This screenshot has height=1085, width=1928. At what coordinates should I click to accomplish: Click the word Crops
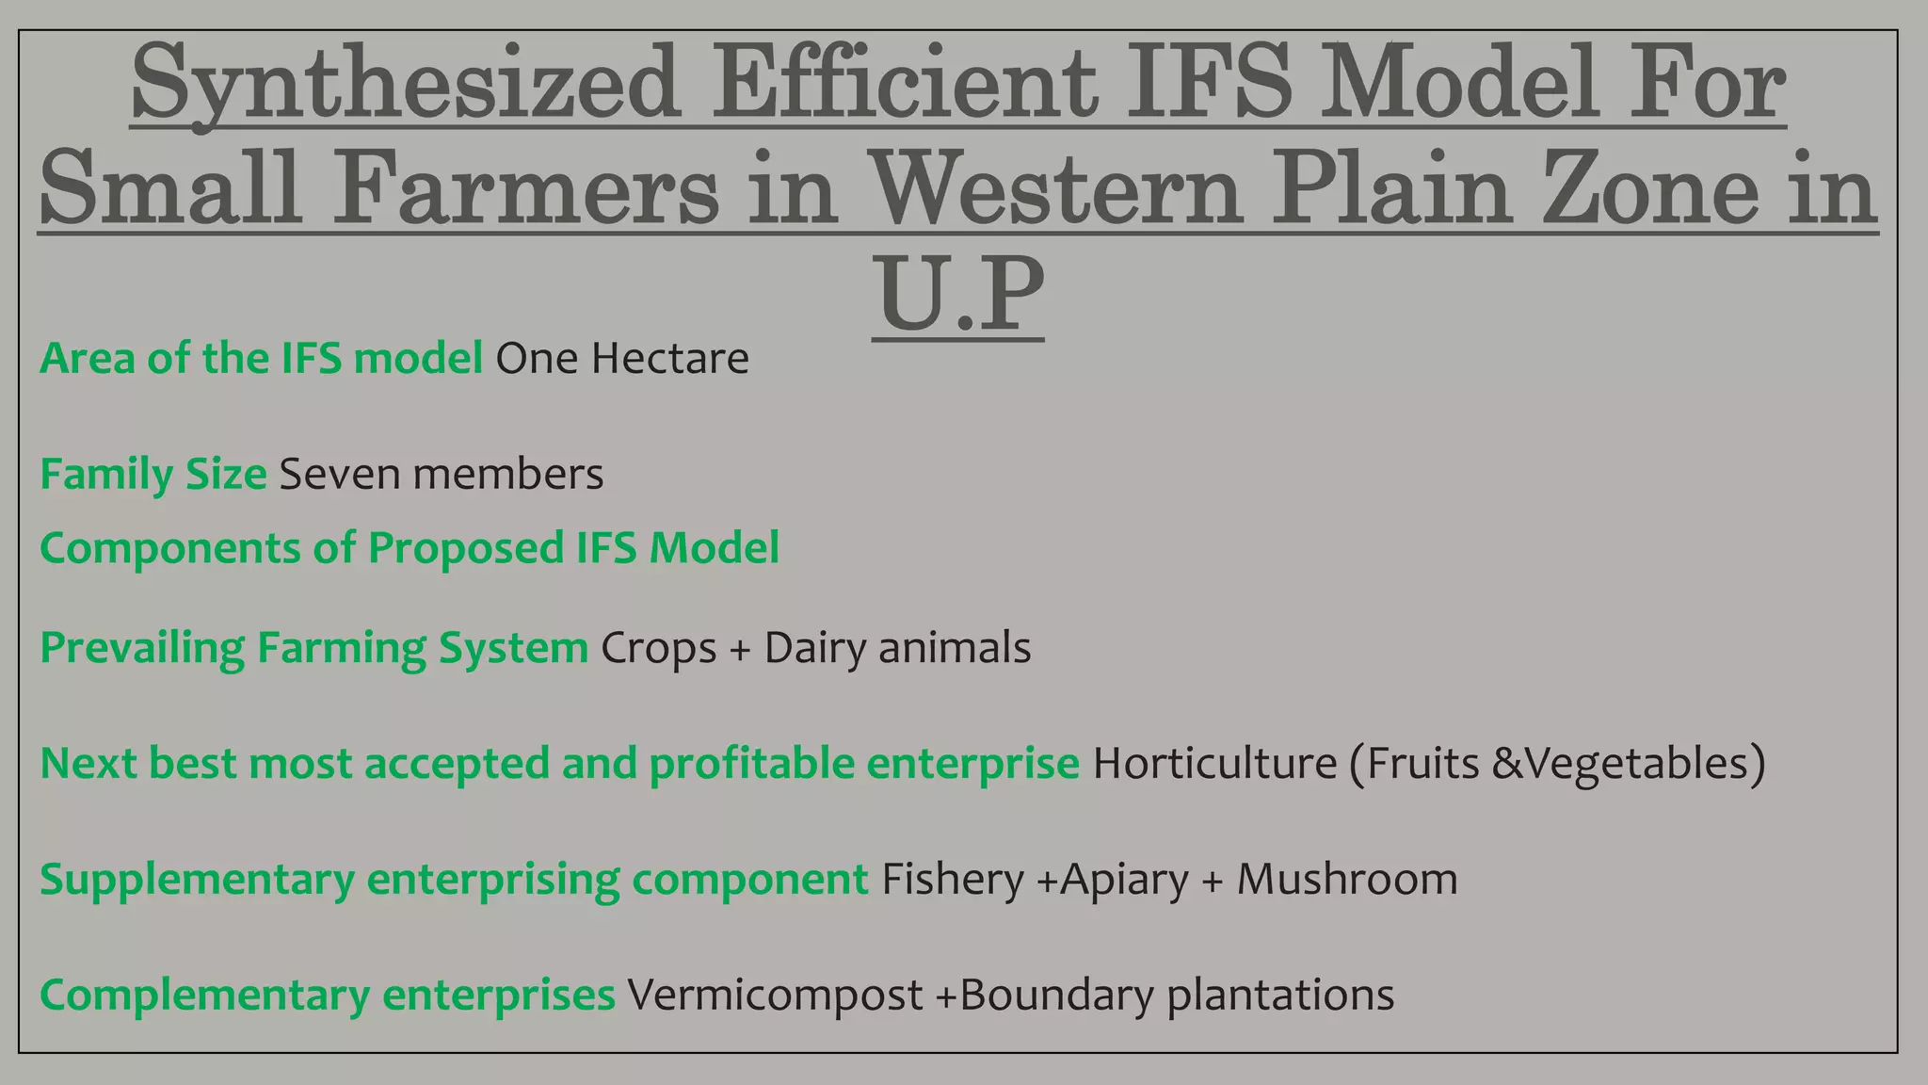pos(658,649)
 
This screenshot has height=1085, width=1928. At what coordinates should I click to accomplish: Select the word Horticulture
pos(1214,764)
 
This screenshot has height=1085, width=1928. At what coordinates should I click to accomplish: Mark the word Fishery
pos(952,880)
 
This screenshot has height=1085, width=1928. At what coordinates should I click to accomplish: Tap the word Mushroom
pos(1347,880)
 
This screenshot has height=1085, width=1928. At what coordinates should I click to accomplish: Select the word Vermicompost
pos(775,996)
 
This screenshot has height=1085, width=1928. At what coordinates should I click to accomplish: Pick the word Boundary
pos(1056,996)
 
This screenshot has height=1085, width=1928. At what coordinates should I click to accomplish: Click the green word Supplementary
pos(197,880)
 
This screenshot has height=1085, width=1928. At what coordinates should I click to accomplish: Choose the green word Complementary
pos(204,996)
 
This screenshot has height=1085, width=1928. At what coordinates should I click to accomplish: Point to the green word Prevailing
pos(142,649)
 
